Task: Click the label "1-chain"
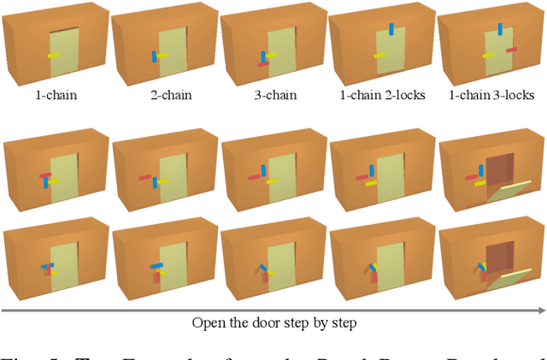click(56, 95)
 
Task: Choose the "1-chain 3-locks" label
click(491, 95)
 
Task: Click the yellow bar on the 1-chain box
click(54, 56)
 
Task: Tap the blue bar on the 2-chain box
click(155, 56)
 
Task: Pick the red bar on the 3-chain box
click(262, 63)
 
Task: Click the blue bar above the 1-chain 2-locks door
click(392, 30)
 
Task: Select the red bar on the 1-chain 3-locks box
click(511, 50)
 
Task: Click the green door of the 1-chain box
click(65, 60)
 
